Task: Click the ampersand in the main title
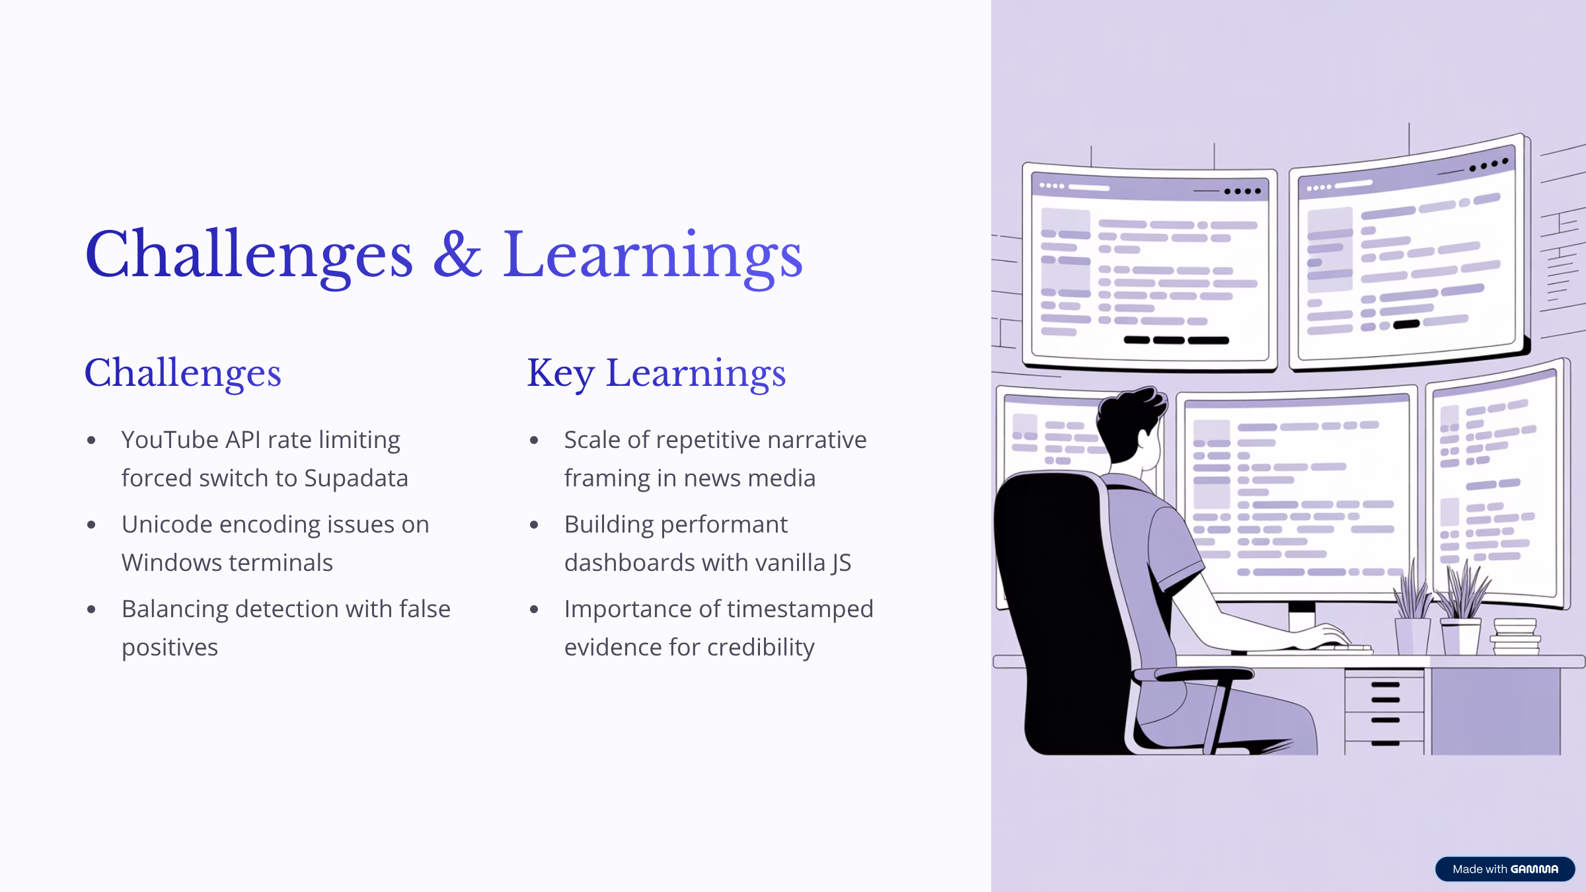tap(457, 254)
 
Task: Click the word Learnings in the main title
tap(653, 258)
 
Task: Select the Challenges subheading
tap(183, 374)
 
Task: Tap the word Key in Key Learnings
tap(561, 374)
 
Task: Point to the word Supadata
tap(356, 478)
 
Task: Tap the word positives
tap(170, 648)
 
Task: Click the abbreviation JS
tap(841, 563)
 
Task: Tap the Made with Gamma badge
tap(1505, 869)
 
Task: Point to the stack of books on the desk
tap(1515, 637)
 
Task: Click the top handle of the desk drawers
tap(1385, 685)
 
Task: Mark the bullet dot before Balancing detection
tap(91, 609)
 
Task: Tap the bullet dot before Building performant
tap(534, 525)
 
